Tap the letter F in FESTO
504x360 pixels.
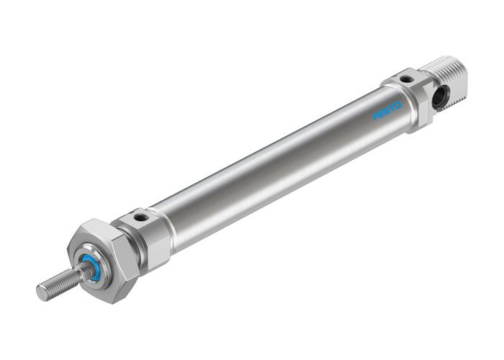tap(375, 117)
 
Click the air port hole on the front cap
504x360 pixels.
tap(142, 215)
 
